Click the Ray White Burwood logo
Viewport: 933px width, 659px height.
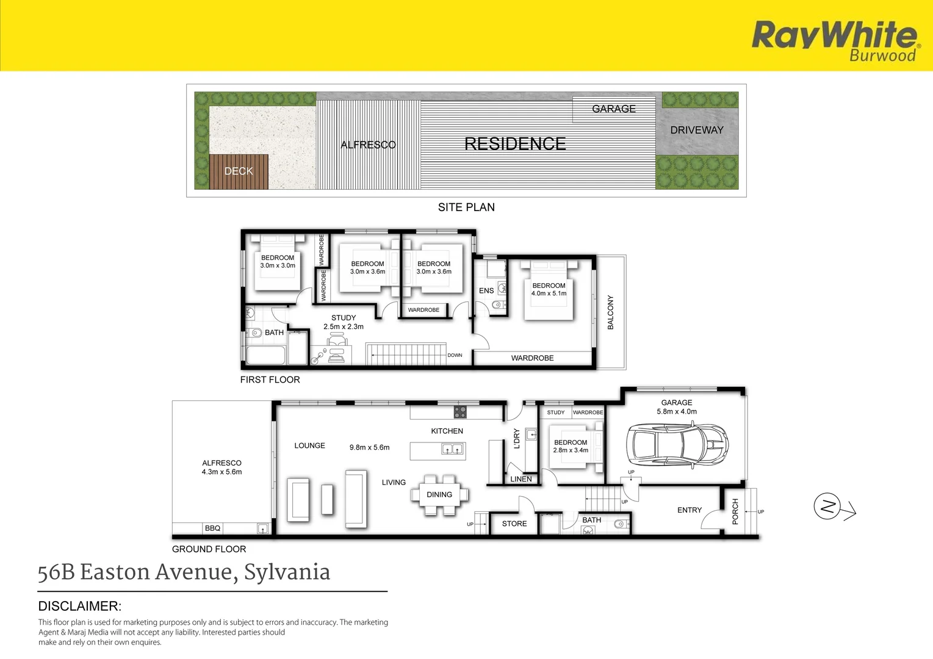(835, 40)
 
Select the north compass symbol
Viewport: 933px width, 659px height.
(828, 506)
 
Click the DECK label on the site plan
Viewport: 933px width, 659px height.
(239, 171)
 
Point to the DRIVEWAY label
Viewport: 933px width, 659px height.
(697, 130)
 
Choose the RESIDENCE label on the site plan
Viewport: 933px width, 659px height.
(515, 144)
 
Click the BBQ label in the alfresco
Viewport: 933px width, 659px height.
(212, 528)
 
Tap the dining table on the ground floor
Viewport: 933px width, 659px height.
(439, 495)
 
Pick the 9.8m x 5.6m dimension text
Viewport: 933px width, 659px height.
(369, 447)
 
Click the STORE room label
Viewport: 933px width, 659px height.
(514, 524)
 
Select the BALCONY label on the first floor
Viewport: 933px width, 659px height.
(611, 312)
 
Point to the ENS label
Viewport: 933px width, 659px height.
(486, 290)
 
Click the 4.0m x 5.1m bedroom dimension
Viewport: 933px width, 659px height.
(549, 293)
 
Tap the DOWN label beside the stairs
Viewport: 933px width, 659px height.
(455, 355)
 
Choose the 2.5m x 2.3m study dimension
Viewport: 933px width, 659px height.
(344, 326)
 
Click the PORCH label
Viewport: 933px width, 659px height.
(735, 511)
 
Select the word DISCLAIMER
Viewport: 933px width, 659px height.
(80, 606)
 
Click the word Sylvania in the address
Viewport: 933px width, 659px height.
(287, 572)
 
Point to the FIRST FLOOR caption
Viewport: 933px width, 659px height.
(270, 380)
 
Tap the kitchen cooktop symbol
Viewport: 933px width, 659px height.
(460, 412)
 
